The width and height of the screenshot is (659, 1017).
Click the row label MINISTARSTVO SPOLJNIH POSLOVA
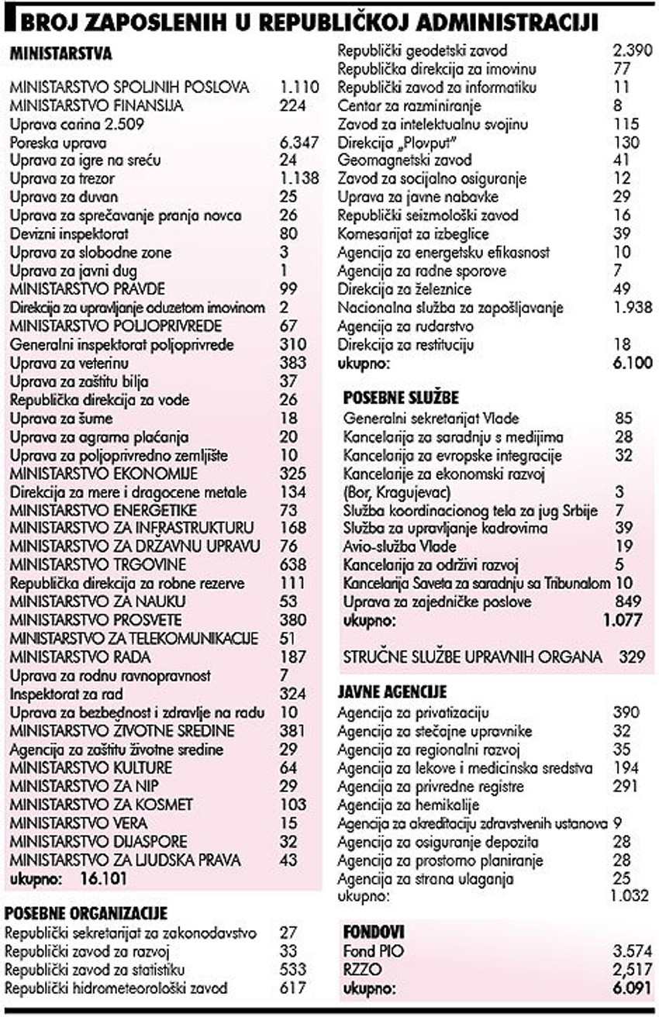(x=129, y=88)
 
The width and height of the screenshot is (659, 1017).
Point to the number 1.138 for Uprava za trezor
(x=298, y=179)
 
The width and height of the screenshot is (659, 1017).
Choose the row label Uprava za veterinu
(x=69, y=364)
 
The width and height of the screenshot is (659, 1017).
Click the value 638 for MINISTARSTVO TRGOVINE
(x=292, y=565)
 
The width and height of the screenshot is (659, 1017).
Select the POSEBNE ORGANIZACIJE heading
(x=86, y=914)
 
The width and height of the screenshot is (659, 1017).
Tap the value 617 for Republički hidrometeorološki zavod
(x=292, y=988)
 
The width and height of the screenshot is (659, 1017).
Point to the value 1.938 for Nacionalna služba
(x=632, y=308)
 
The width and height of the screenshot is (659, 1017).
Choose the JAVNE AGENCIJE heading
(x=392, y=691)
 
